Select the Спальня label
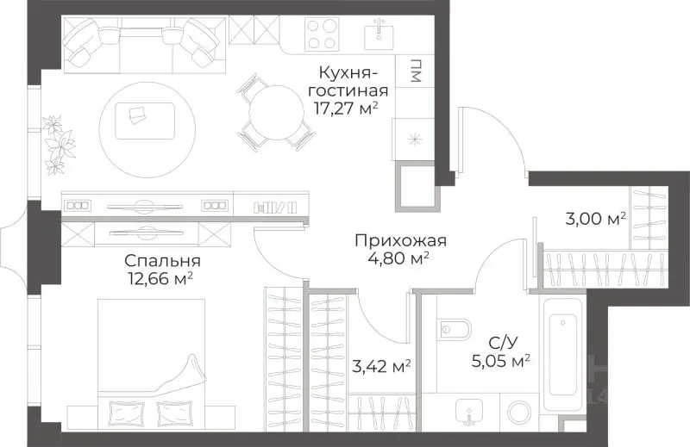click(x=162, y=261)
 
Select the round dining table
click(x=276, y=110)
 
